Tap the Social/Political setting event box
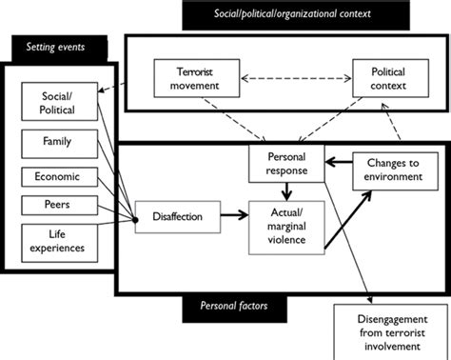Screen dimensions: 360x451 (x=56, y=103)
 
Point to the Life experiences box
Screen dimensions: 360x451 (x=56, y=240)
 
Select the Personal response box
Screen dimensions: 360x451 (x=282, y=164)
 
